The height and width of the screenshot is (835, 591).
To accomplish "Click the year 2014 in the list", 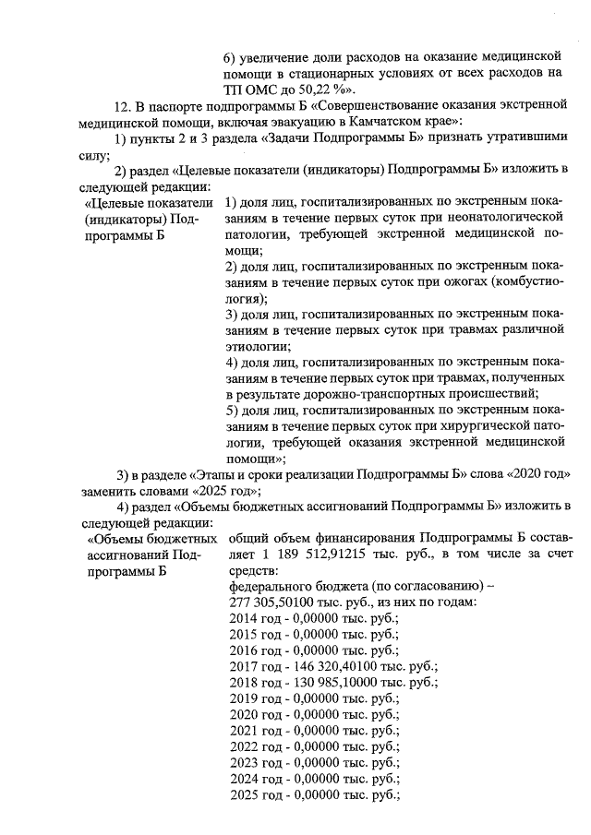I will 243,618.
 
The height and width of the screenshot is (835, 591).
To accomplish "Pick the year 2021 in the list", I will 243,730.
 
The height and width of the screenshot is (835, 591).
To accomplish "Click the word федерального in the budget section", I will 267,586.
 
